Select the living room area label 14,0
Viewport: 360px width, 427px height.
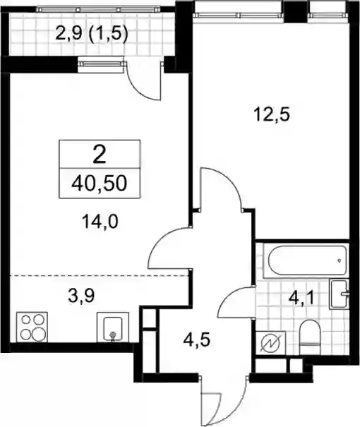coord(100,222)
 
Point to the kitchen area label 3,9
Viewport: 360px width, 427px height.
coord(81,296)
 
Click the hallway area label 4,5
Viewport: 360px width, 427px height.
coord(196,339)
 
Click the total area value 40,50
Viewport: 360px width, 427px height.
coord(100,184)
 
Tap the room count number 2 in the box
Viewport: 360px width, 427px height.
coord(100,154)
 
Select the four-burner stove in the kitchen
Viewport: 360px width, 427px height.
coord(32,327)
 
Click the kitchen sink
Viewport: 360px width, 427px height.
coord(113,327)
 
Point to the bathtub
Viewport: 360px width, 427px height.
coord(306,261)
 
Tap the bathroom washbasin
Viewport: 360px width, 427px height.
coord(339,294)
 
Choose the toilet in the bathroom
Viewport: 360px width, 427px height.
coord(309,337)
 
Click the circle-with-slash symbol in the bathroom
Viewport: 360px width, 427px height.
coord(270,344)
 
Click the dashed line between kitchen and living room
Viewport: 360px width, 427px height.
coord(99,275)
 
